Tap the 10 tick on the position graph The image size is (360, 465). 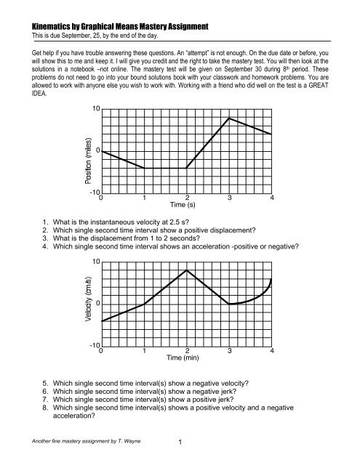coord(95,108)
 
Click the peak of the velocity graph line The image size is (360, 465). coord(187,270)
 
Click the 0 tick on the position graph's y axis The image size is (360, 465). coord(97,151)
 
